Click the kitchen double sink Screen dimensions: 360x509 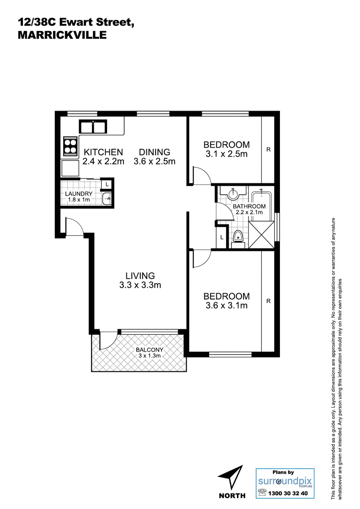pyautogui.click(x=93, y=126)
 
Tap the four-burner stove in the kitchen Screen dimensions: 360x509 pyautogui.click(x=70, y=146)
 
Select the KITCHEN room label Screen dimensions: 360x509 pyautogui.click(x=103, y=152)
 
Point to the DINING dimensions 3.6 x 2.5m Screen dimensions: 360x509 pyautogui.click(x=154, y=162)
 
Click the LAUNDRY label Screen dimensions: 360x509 pyautogui.click(x=79, y=193)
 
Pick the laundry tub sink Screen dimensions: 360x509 pyautogui.click(x=107, y=198)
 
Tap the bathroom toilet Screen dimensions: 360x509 pyautogui.click(x=238, y=237)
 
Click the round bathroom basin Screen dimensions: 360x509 pyautogui.click(x=233, y=194)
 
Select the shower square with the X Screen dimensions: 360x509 pyautogui.click(x=261, y=235)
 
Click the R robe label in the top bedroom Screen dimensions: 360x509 pyautogui.click(x=268, y=150)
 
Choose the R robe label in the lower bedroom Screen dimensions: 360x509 pyautogui.click(x=268, y=301)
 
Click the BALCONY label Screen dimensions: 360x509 pyautogui.click(x=149, y=350)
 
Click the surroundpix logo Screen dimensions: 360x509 pyautogui.click(x=285, y=482)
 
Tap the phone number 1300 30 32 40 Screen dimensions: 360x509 pyautogui.click(x=288, y=494)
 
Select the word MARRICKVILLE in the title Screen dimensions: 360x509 pyautogui.click(x=62, y=35)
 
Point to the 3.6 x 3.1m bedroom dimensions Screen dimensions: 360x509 pyautogui.click(x=227, y=305)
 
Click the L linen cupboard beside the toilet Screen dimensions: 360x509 pyautogui.click(x=222, y=237)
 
